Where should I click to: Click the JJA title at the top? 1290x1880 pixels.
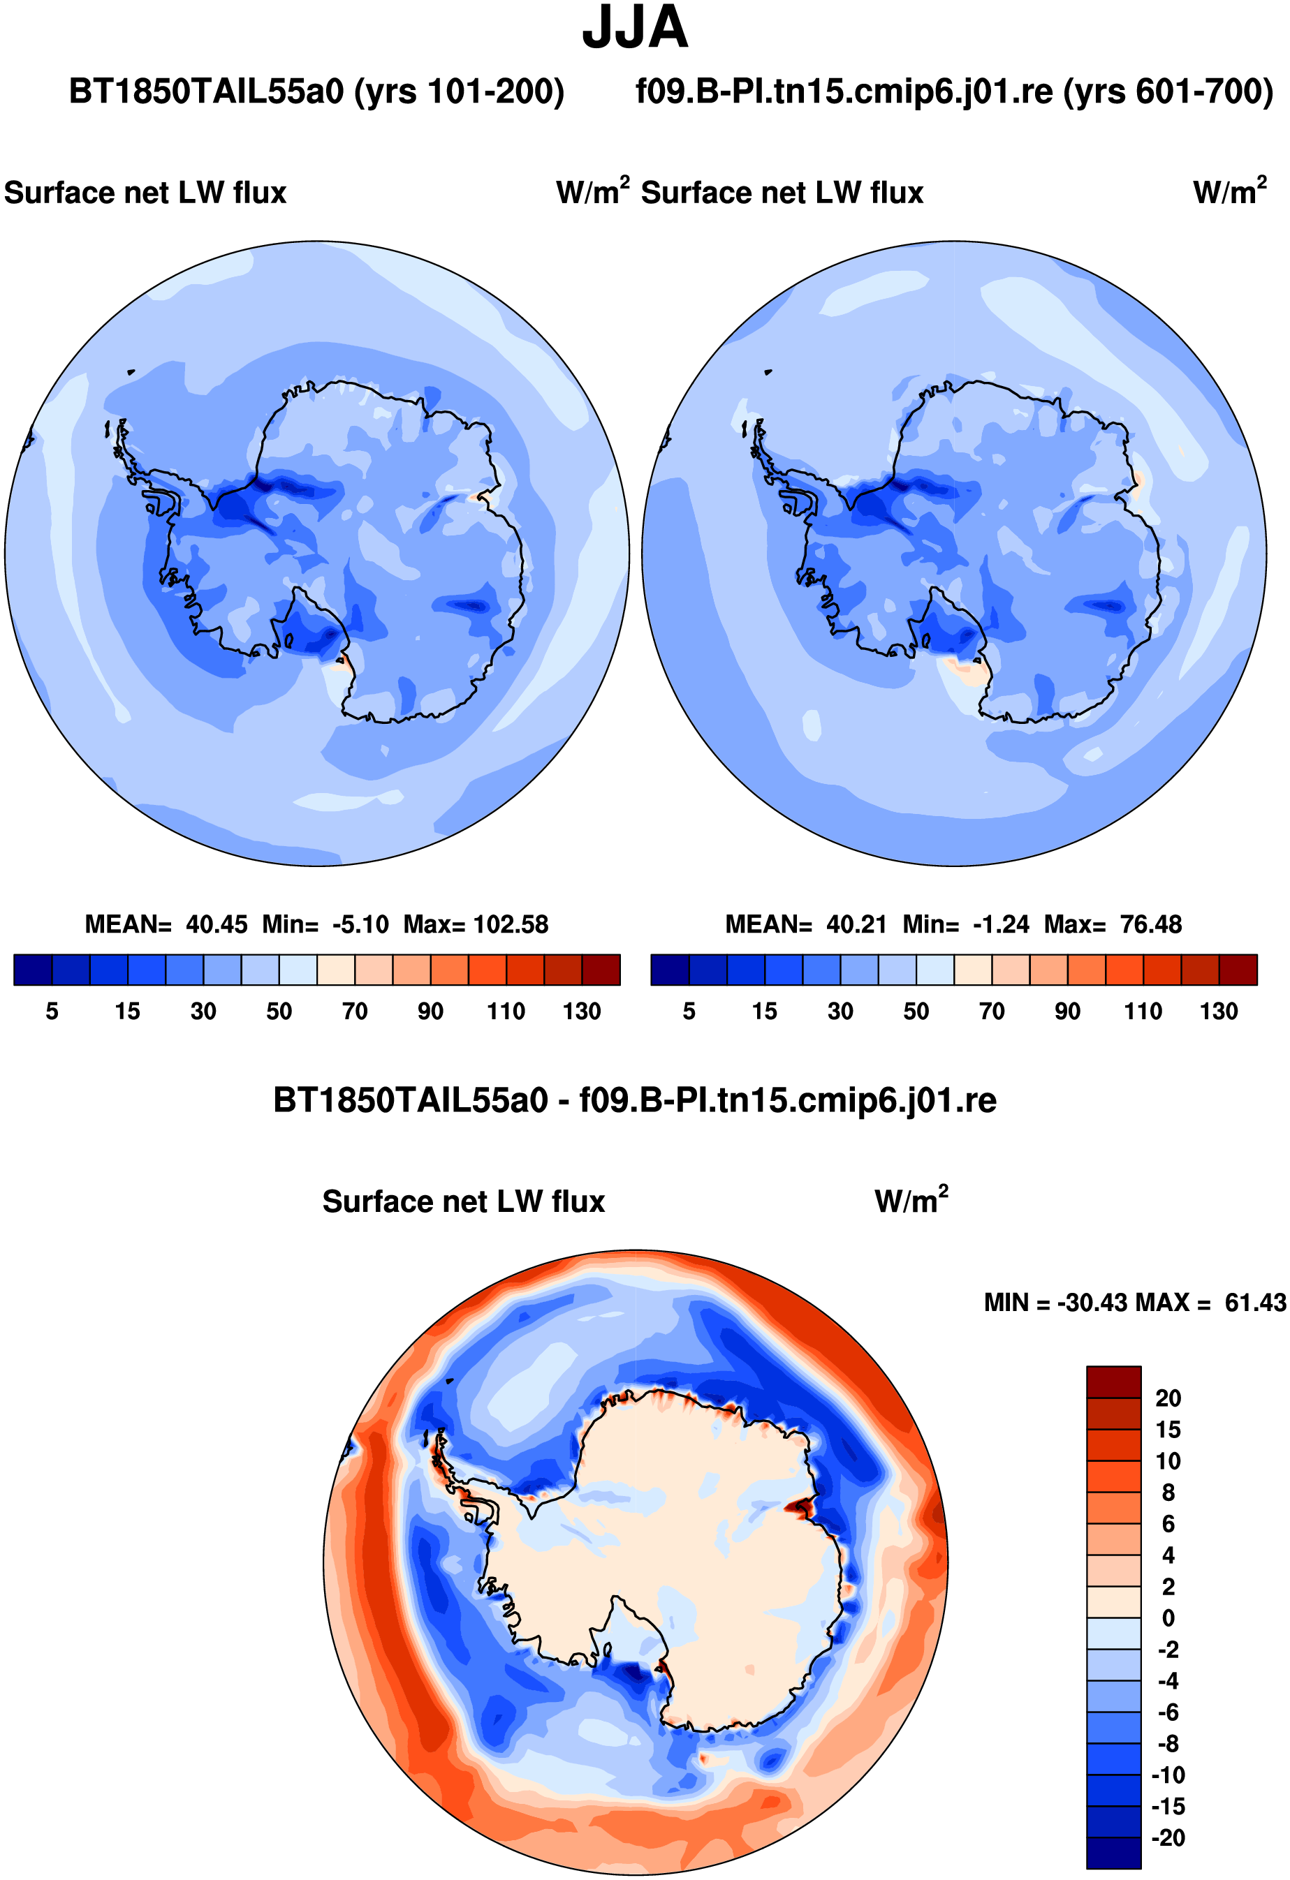tap(636, 27)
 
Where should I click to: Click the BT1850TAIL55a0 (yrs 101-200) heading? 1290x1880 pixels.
tap(316, 91)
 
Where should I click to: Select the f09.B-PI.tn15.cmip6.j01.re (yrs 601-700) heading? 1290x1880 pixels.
tap(955, 91)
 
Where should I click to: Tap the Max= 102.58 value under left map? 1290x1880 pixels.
tap(476, 924)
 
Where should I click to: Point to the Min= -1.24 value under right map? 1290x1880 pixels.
tap(967, 924)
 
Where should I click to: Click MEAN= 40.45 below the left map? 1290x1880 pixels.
tap(166, 924)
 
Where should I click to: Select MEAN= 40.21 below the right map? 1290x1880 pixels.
tap(806, 924)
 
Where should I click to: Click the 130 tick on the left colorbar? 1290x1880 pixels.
tap(582, 1011)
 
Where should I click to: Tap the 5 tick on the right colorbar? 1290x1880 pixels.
tap(689, 1011)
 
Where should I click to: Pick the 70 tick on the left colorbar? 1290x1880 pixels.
tap(355, 1011)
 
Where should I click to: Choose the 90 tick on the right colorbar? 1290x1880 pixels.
tap(1067, 1011)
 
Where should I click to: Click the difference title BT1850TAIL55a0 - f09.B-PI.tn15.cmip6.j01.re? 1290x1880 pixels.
tap(636, 1100)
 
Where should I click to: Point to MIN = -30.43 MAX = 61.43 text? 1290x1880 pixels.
tap(1135, 1303)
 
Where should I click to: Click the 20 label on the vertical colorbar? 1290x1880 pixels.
tap(1168, 1398)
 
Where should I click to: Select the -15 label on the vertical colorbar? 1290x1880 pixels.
tap(1168, 1807)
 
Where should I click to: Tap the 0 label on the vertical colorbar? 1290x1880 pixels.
tap(1168, 1618)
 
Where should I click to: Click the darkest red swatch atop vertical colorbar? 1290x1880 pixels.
tap(1113, 1382)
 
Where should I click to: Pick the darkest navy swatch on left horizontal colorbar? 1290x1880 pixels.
tap(34, 970)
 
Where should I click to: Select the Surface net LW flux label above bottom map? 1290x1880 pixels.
tap(464, 1201)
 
